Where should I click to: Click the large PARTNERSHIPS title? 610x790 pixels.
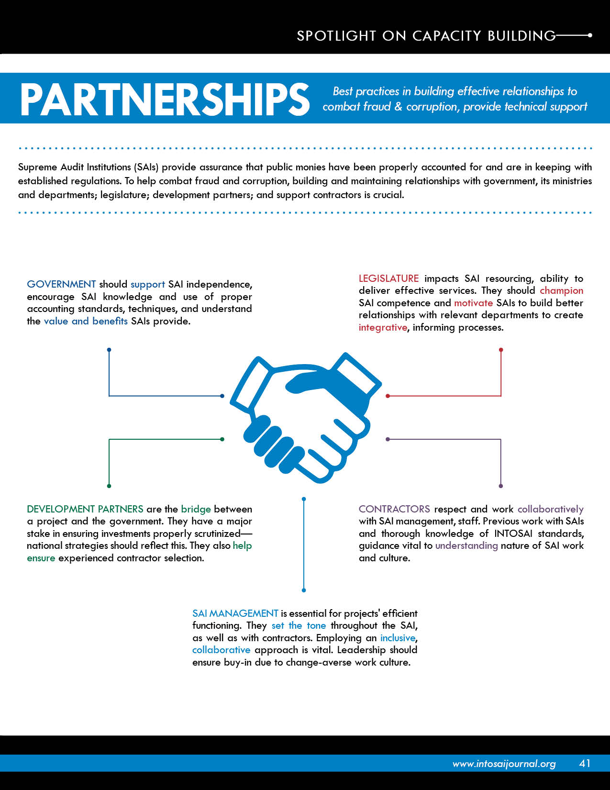(x=165, y=99)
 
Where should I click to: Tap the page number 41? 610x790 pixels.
(x=585, y=763)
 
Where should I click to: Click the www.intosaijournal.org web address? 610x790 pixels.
(x=504, y=764)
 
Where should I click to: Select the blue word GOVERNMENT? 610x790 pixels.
(x=61, y=284)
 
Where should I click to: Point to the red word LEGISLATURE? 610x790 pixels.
(x=388, y=278)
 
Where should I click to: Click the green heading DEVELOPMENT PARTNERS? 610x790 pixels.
(x=85, y=509)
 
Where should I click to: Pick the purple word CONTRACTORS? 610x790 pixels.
(x=394, y=509)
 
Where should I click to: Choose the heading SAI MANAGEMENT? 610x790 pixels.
(x=235, y=613)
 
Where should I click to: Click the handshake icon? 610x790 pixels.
(x=305, y=418)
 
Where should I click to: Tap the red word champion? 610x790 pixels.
(x=561, y=291)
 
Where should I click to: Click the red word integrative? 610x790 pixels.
(x=383, y=328)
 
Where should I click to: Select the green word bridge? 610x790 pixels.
(x=196, y=509)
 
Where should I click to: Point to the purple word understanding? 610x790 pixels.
(x=466, y=545)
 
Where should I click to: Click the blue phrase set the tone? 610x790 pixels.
(x=299, y=625)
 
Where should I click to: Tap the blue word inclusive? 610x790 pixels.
(x=398, y=638)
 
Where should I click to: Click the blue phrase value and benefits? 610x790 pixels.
(x=86, y=321)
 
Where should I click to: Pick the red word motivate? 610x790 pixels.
(x=473, y=303)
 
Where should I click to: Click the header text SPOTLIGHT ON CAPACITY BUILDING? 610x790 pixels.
(x=426, y=35)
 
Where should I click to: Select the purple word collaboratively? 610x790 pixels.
(x=550, y=509)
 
